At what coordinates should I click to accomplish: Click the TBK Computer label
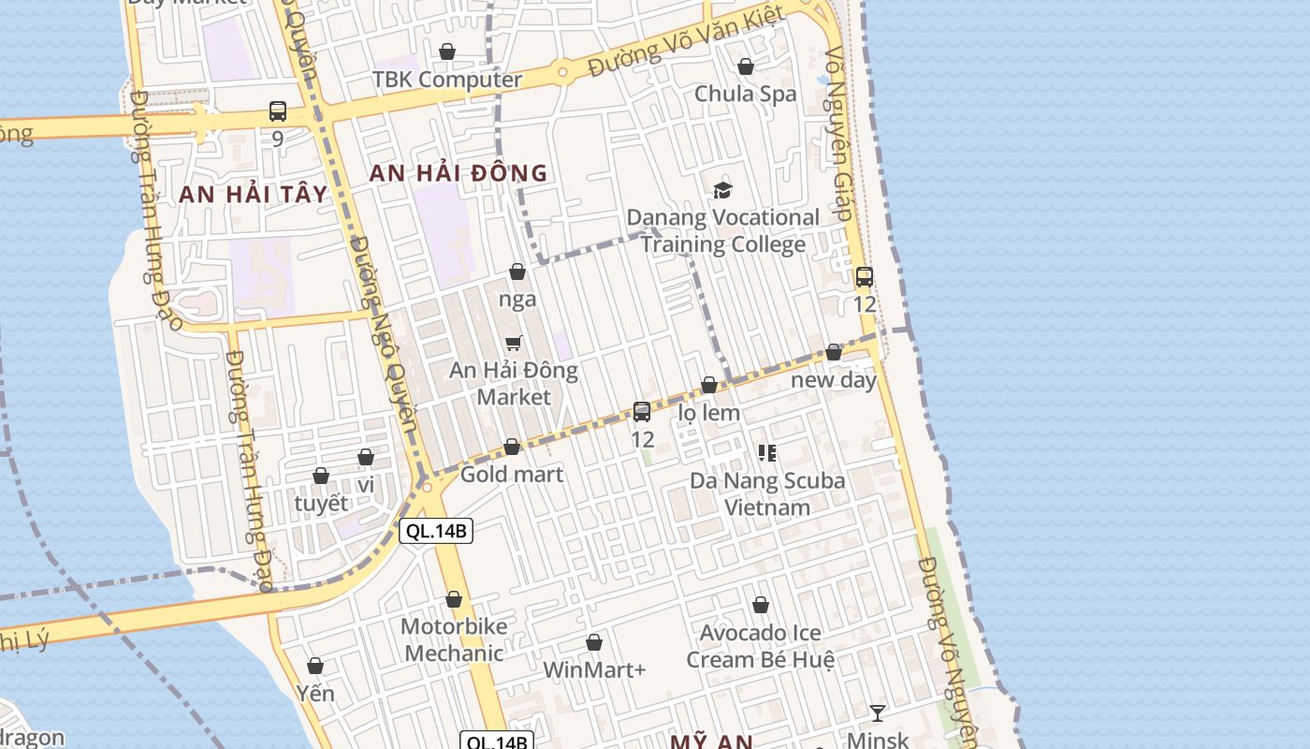pos(447,80)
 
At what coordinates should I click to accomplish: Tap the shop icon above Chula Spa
pos(746,66)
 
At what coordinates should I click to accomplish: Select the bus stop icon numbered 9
pos(278,111)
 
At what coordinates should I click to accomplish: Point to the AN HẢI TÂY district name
pos(254,195)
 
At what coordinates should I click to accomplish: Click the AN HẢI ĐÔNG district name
pos(458,173)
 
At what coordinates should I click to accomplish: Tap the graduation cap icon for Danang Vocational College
pos(722,191)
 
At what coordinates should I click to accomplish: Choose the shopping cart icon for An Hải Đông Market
pos(513,344)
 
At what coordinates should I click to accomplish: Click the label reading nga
pos(517,300)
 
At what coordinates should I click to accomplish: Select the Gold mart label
pos(512,475)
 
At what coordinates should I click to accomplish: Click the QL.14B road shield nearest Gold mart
pos(436,532)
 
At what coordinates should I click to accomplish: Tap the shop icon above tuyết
pos(321,476)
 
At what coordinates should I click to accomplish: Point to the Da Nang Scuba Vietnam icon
pos(767,454)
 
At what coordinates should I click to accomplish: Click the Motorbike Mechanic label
pos(454,639)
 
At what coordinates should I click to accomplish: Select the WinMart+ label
pos(594,670)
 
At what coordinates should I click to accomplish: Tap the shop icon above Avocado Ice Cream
pos(761,605)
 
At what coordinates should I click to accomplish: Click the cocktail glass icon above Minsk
pos(877,713)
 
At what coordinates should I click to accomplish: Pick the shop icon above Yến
pos(315,666)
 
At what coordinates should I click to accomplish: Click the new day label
pos(834,380)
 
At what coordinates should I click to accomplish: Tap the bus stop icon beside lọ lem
pos(642,412)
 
